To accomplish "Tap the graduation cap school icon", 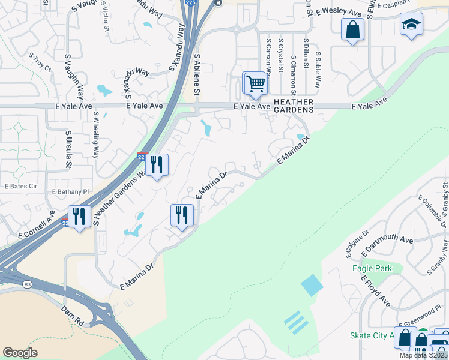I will [411, 25].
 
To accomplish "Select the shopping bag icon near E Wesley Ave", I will [352, 29].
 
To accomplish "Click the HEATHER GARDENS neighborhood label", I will [294, 106].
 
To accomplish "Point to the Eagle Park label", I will [372, 268].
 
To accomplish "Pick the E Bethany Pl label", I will [71, 191].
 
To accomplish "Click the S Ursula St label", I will [69, 150].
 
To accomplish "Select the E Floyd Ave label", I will [375, 291].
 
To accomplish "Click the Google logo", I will [20, 353].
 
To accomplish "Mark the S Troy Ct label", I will [40, 64].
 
